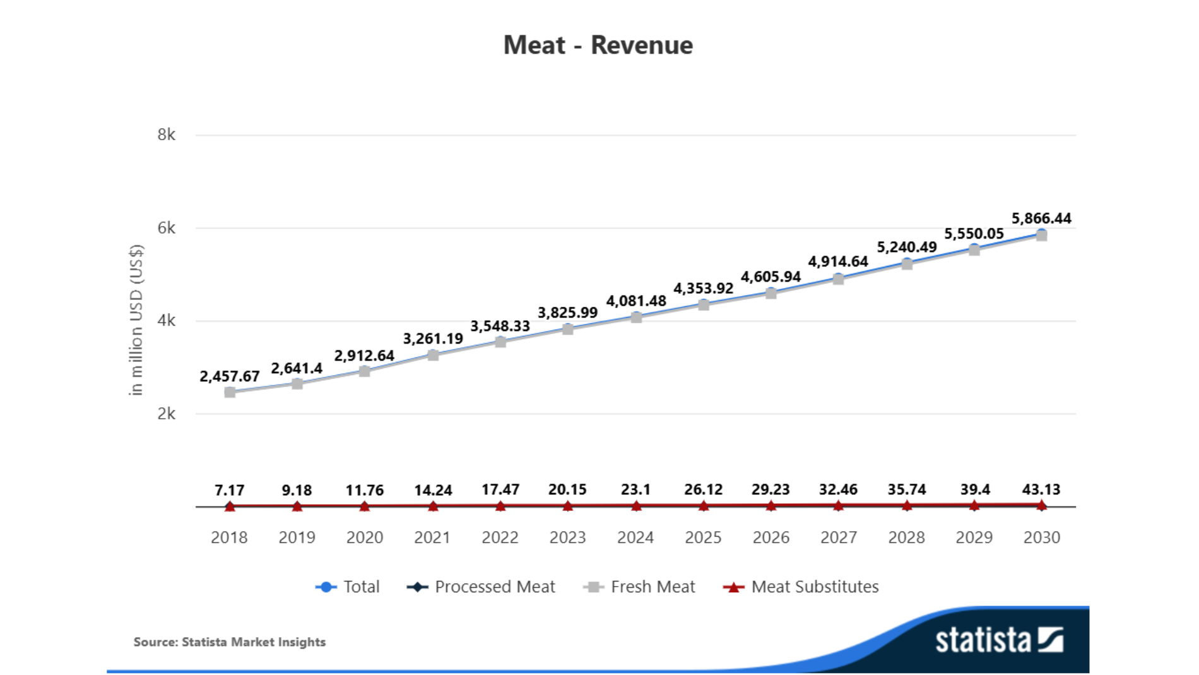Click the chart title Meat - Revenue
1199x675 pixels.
point(598,45)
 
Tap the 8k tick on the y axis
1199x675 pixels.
point(167,134)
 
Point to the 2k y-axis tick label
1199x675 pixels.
point(167,414)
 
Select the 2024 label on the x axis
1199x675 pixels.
point(635,537)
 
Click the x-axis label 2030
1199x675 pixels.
point(1041,537)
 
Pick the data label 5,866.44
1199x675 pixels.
point(1041,218)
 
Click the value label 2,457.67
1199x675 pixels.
point(229,376)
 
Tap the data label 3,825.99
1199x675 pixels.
point(567,313)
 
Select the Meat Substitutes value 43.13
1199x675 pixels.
point(1041,489)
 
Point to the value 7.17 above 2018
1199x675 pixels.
point(229,490)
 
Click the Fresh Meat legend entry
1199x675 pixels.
point(640,587)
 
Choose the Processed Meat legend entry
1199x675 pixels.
point(481,587)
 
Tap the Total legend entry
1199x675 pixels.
point(348,587)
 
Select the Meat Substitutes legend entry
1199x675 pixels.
point(801,587)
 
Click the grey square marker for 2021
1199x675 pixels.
point(433,355)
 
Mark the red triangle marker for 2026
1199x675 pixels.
point(771,506)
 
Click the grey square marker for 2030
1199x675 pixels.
point(1041,236)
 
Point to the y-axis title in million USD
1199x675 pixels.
point(136,320)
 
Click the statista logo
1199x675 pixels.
point(998,640)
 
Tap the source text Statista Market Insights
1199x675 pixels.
point(229,642)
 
